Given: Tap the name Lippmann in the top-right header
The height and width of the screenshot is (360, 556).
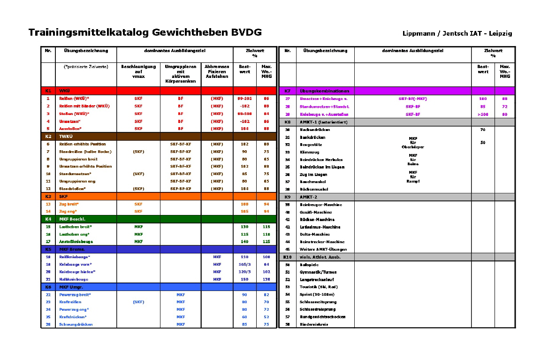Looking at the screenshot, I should point(418,33).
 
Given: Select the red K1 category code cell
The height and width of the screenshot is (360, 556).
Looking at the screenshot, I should point(48,91).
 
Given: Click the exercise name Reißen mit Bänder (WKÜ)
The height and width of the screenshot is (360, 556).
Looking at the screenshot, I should point(84,106).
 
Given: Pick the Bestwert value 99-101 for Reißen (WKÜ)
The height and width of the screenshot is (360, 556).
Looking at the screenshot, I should point(244,99).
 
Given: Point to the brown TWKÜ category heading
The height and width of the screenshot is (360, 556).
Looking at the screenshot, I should point(65,136).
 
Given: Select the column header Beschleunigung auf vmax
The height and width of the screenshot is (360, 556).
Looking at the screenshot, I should point(138,71).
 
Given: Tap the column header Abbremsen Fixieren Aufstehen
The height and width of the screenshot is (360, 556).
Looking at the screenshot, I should point(217,71).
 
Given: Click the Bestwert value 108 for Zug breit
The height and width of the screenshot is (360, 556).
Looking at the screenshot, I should point(244,204).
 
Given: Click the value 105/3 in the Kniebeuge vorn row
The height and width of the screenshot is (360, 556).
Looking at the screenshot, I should point(244,264).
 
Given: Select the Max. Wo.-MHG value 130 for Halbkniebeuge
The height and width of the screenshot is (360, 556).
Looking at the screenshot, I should point(267,279).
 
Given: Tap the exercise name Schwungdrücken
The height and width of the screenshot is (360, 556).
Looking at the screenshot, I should point(76,324).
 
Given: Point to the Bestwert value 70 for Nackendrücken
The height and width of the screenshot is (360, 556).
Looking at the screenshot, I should point(483,130).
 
